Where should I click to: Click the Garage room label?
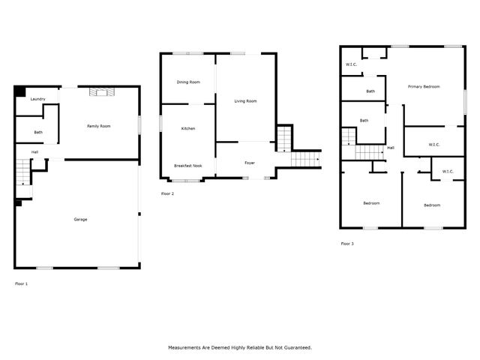pos(80,219)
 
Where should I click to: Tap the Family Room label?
pos(98,126)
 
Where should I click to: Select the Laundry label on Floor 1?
pos(38,99)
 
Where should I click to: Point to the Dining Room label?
pos(188,82)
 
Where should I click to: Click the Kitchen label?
pos(188,129)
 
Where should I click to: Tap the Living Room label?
pos(245,100)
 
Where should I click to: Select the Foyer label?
pos(250,163)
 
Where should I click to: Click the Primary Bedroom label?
pos(424,87)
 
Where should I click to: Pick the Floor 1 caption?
pos(22,283)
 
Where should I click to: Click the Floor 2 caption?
pos(167,193)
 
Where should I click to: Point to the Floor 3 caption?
pos(347,244)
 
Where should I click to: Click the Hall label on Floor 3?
pos(391,148)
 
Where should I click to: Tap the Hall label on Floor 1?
pos(34,152)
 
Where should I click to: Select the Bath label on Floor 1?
pos(38,132)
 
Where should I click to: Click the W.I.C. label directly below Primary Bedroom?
pos(433,144)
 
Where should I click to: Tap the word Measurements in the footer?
pos(187,348)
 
